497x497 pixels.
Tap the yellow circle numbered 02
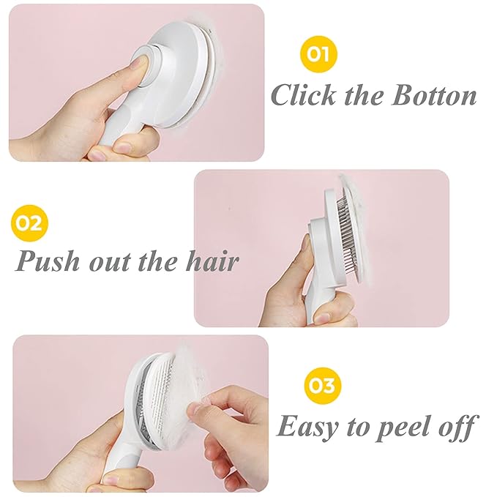pyautogui.click(x=29, y=223)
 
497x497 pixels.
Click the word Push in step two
pyautogui.click(x=49, y=261)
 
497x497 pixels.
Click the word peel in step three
pyautogui.click(x=402, y=426)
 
